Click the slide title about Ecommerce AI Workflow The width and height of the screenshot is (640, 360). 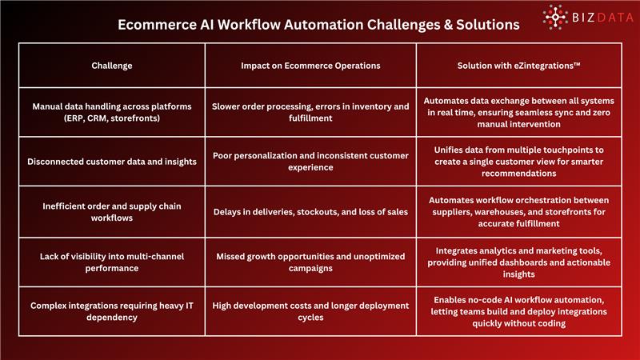click(x=318, y=25)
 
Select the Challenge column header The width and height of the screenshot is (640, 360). click(x=111, y=65)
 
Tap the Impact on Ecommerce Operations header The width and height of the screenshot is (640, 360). click(x=310, y=65)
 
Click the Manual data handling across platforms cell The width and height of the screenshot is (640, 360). click(x=111, y=113)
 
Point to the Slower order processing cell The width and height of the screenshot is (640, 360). click(x=310, y=113)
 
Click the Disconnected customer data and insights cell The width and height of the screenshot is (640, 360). click(x=111, y=162)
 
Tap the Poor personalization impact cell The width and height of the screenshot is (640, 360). click(x=310, y=162)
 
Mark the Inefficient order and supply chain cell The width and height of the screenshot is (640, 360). click(x=111, y=212)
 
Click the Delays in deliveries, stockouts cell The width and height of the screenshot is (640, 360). click(x=310, y=212)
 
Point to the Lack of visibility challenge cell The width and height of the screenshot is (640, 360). click(x=111, y=262)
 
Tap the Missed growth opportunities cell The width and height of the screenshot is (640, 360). click(x=310, y=262)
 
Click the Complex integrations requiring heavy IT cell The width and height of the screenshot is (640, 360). click(x=111, y=312)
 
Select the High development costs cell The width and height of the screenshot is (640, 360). click(x=310, y=312)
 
